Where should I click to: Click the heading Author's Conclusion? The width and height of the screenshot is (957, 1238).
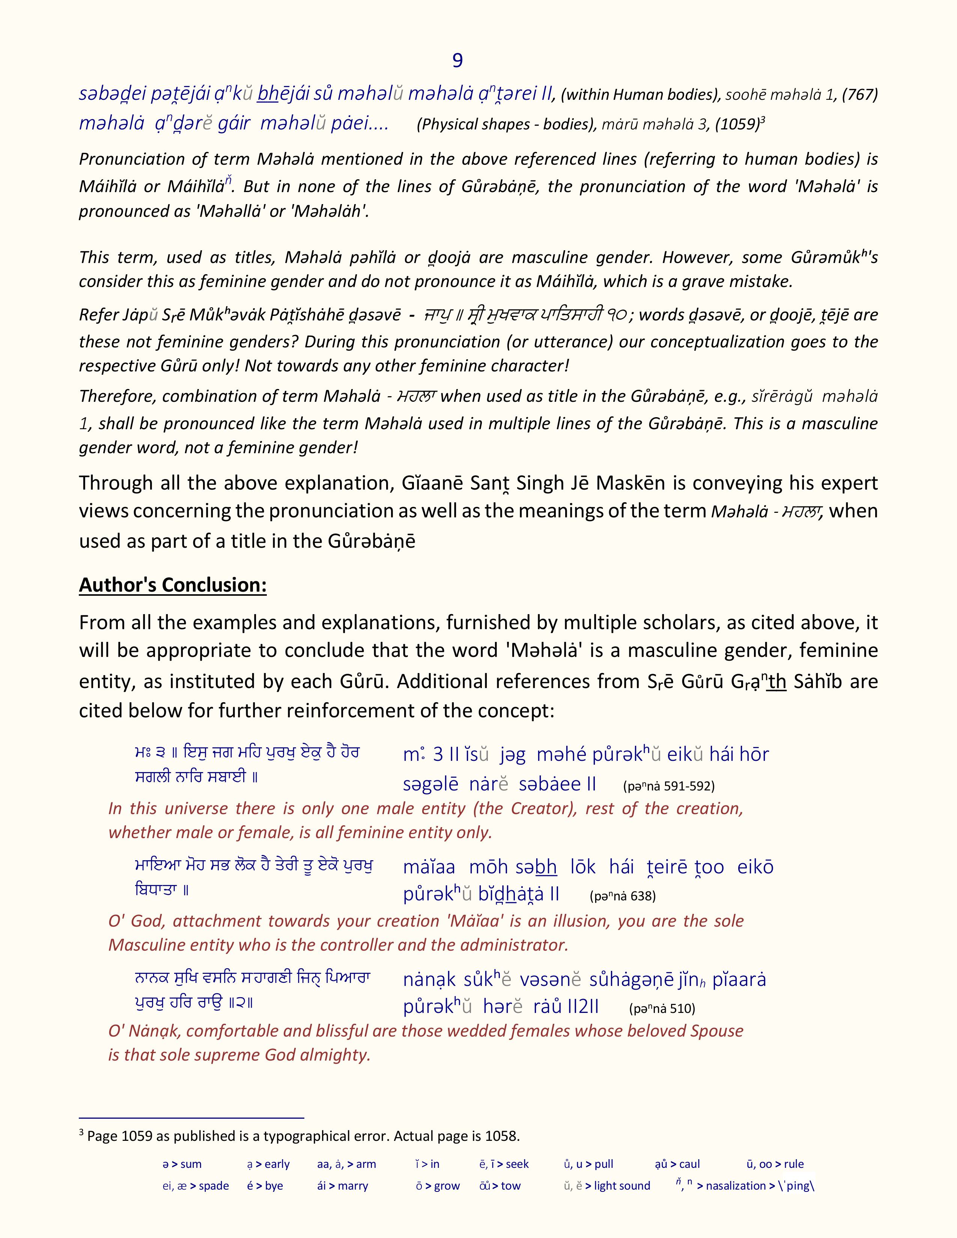point(172,584)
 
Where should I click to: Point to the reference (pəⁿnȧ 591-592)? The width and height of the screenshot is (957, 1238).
point(668,786)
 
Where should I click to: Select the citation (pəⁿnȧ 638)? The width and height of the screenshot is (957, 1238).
point(623,896)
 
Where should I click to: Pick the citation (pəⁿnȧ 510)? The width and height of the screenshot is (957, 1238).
point(662,1008)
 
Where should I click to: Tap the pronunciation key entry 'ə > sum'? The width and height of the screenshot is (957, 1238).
point(182,1164)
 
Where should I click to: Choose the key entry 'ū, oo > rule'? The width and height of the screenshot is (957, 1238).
point(775,1164)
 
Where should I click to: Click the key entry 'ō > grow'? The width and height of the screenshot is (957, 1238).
point(437,1186)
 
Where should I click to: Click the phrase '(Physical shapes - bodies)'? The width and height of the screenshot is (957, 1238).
point(506,125)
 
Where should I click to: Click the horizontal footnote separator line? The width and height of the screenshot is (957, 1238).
point(192,1118)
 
